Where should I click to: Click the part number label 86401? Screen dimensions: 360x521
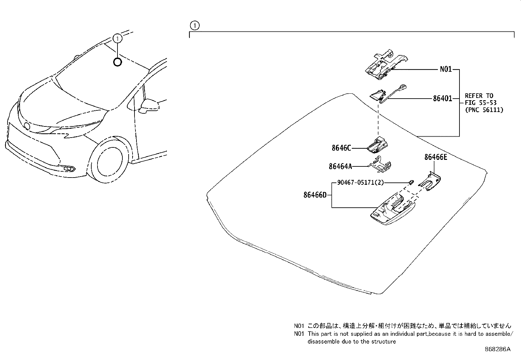[x=442, y=98]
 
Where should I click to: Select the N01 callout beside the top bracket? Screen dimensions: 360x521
[x=445, y=69]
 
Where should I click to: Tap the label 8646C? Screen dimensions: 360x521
[x=341, y=148]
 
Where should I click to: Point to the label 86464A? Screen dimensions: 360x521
[x=340, y=166]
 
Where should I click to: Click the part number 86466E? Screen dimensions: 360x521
[x=436, y=157]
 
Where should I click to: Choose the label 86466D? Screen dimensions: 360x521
[x=315, y=195]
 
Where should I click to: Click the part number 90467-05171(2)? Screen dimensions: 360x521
[x=358, y=182]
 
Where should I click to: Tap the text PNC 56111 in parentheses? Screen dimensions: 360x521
[x=484, y=110]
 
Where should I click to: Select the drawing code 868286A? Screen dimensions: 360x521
[x=497, y=349]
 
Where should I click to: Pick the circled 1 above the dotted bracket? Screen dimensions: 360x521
[x=194, y=25]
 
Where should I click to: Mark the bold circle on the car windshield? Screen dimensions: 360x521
[x=117, y=62]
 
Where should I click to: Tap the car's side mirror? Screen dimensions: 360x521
[x=149, y=105]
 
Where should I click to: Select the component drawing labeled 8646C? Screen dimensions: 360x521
[x=378, y=145]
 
